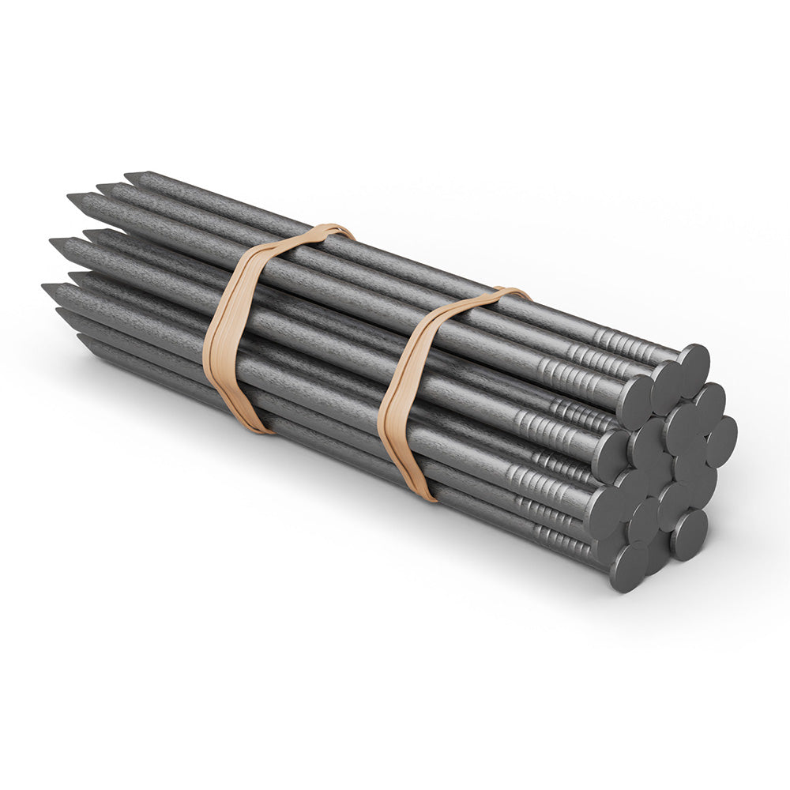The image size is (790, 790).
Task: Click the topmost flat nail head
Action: coord(693,364)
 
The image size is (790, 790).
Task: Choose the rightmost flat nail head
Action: coord(720,441)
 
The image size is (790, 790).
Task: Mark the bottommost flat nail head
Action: coord(629,567)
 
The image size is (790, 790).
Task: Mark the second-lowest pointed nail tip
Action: coord(60,313)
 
